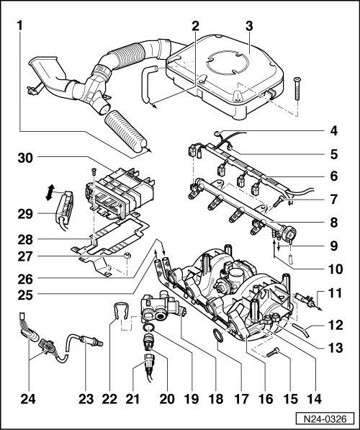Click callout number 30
click(x=25, y=158)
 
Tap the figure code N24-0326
click(x=325, y=419)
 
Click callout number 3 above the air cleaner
click(x=249, y=27)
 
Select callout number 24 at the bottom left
click(x=28, y=399)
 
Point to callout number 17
click(x=241, y=399)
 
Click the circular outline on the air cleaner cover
click(x=228, y=63)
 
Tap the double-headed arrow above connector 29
click(x=50, y=192)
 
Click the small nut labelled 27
click(x=127, y=255)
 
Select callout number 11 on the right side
click(x=335, y=293)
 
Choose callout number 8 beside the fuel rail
click(x=333, y=223)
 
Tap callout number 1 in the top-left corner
click(x=19, y=27)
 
